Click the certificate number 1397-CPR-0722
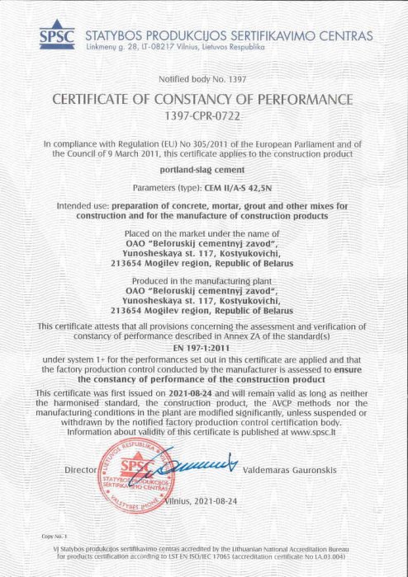(203, 117)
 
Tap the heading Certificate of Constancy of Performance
(203, 100)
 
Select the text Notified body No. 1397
(202, 80)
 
